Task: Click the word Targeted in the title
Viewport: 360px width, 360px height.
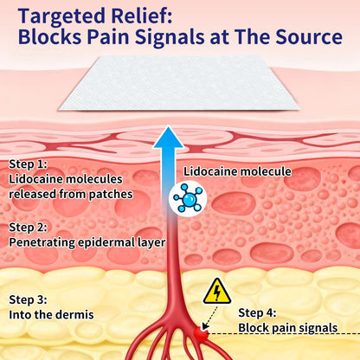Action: pyautogui.click(x=62, y=16)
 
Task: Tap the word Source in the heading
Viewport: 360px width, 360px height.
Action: pyautogui.click(x=309, y=37)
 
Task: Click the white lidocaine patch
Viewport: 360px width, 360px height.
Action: pyautogui.click(x=179, y=83)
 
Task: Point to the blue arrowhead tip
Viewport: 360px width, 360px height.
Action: pyautogui.click(x=168, y=126)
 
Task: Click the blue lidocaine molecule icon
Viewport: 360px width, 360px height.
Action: pyautogui.click(x=188, y=198)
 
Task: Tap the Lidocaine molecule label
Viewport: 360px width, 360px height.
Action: pyautogui.click(x=237, y=171)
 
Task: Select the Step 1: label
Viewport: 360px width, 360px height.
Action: pyautogui.click(x=28, y=164)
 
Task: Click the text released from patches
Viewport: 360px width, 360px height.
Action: pyautogui.click(x=71, y=194)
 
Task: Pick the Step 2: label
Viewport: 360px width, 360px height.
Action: pyautogui.click(x=28, y=228)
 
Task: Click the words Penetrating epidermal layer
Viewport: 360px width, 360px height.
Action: pyautogui.click(x=87, y=242)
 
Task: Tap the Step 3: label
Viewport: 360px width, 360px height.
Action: pyautogui.click(x=28, y=299)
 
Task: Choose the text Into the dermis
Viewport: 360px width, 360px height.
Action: pyautogui.click(x=51, y=314)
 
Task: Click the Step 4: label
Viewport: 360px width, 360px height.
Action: pyautogui.click(x=257, y=312)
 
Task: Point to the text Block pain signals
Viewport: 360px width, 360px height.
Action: pyautogui.click(x=288, y=328)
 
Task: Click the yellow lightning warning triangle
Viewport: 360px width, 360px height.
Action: pyautogui.click(x=217, y=292)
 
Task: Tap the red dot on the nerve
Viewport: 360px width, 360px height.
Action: pyautogui.click(x=201, y=334)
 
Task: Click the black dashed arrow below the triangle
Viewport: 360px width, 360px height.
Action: pyautogui.click(x=210, y=317)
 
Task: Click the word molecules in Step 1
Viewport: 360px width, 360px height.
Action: pyautogui.click(x=94, y=179)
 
